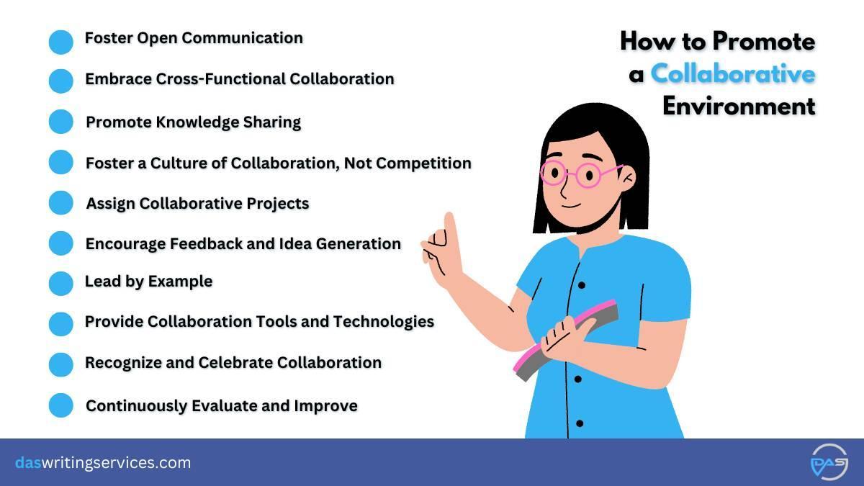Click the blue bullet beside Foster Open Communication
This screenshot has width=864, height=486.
coord(61,42)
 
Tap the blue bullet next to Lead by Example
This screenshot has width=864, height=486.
coord(61,284)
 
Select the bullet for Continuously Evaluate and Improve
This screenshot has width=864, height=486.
coord(61,405)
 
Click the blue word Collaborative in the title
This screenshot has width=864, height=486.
coord(733,73)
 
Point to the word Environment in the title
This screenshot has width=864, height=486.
coord(739,106)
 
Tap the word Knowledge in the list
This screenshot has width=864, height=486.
coord(197,122)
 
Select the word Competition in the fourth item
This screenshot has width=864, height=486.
coord(423,163)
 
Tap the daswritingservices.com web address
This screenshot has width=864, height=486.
coord(103,462)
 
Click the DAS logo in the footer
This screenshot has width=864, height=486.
coord(829,462)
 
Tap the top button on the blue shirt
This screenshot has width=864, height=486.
coord(582,285)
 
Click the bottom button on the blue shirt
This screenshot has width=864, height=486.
coord(580,423)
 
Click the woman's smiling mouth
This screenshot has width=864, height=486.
coord(571,206)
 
